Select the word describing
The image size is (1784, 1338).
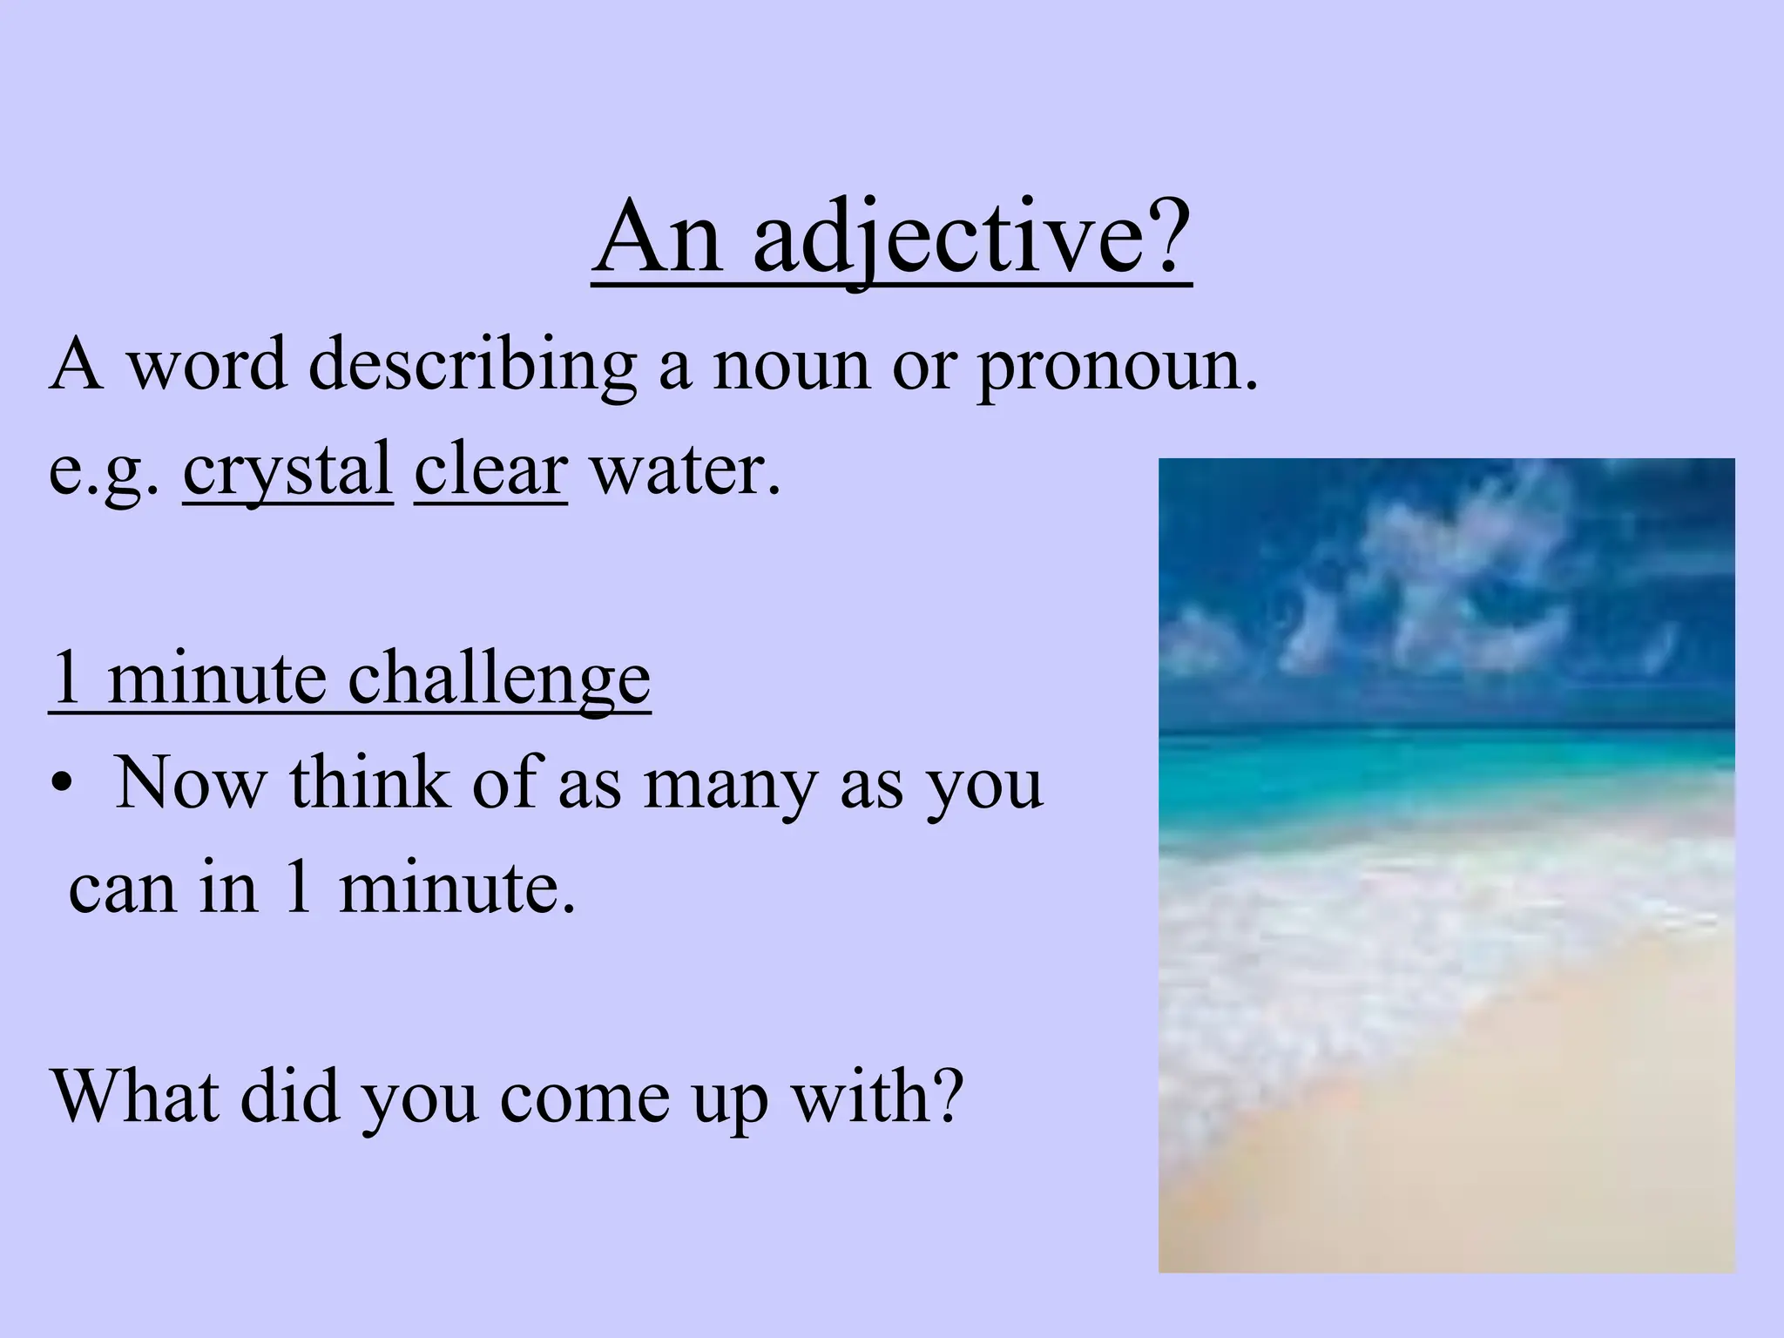click(x=471, y=365)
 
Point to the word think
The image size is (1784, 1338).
click(x=370, y=783)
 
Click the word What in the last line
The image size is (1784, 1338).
click(x=136, y=1095)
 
